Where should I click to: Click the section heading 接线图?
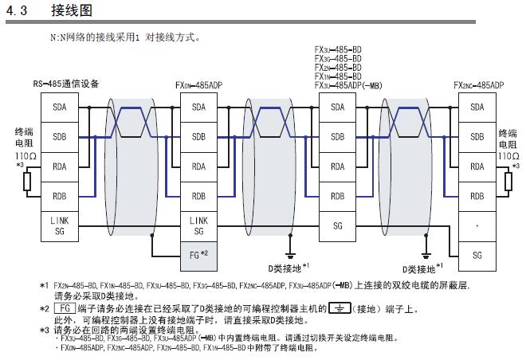78,12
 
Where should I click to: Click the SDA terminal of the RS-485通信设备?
60,107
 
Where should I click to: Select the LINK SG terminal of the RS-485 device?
60,225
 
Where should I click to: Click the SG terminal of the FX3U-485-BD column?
338,225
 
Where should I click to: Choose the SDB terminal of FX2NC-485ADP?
477,137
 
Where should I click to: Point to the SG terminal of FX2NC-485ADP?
477,255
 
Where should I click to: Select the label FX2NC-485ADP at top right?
478,84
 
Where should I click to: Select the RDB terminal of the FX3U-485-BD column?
338,196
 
